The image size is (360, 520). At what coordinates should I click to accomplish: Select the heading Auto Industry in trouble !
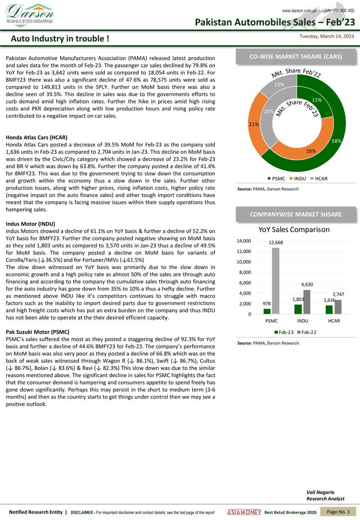tap(60, 39)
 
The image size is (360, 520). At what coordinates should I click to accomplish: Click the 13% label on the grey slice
tap(279, 84)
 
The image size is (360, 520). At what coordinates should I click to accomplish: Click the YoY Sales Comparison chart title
tap(294, 229)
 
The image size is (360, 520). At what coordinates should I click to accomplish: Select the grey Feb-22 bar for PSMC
tap(276, 281)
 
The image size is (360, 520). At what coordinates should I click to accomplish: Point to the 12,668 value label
tap(276, 243)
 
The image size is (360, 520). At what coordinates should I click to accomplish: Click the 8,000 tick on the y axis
tap(245, 272)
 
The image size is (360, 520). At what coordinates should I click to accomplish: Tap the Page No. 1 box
tap(338, 512)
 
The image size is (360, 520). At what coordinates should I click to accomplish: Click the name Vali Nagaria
tap(319, 493)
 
